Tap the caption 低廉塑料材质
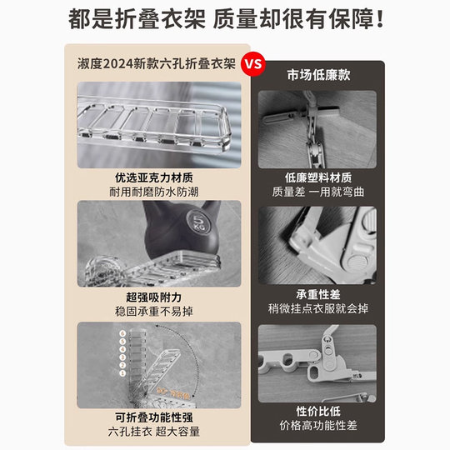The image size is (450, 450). click(317, 177)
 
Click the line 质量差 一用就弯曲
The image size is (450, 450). click(317, 192)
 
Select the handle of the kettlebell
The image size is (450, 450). click(167, 215)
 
